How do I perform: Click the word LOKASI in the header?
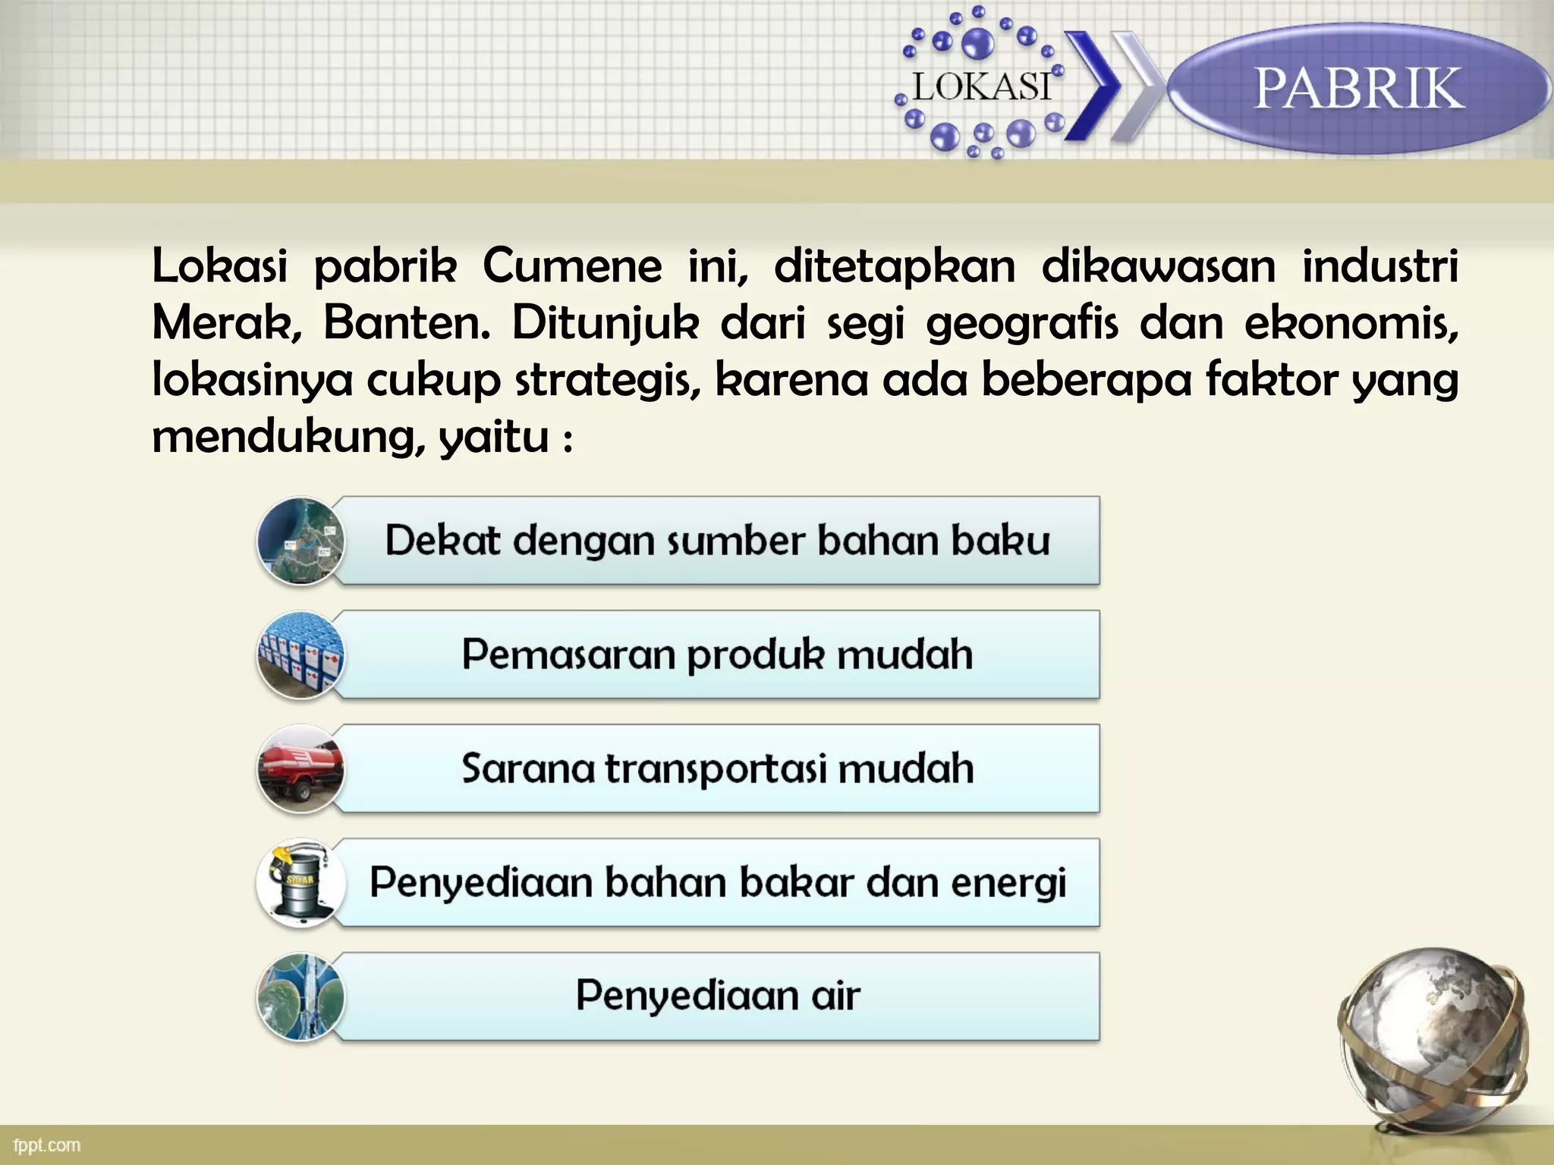pyautogui.click(x=981, y=87)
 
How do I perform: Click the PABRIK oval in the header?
pyautogui.click(x=1358, y=89)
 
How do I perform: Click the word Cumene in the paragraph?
pyautogui.click(x=572, y=267)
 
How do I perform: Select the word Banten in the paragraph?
pyautogui.click(x=407, y=324)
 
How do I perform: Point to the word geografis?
pyautogui.click(x=1022, y=324)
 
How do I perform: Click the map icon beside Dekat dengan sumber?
pyautogui.click(x=300, y=542)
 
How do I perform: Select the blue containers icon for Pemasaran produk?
pyautogui.click(x=300, y=655)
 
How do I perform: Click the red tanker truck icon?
pyautogui.click(x=300, y=769)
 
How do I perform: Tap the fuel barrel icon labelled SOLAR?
pyautogui.click(x=300, y=883)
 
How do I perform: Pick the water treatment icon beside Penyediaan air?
pyautogui.click(x=300, y=997)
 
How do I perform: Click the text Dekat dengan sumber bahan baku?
pyautogui.click(x=717, y=541)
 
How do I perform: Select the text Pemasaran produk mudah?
pyautogui.click(x=717, y=655)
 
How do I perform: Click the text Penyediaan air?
pyautogui.click(x=717, y=996)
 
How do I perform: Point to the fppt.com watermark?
pyautogui.click(x=47, y=1145)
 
